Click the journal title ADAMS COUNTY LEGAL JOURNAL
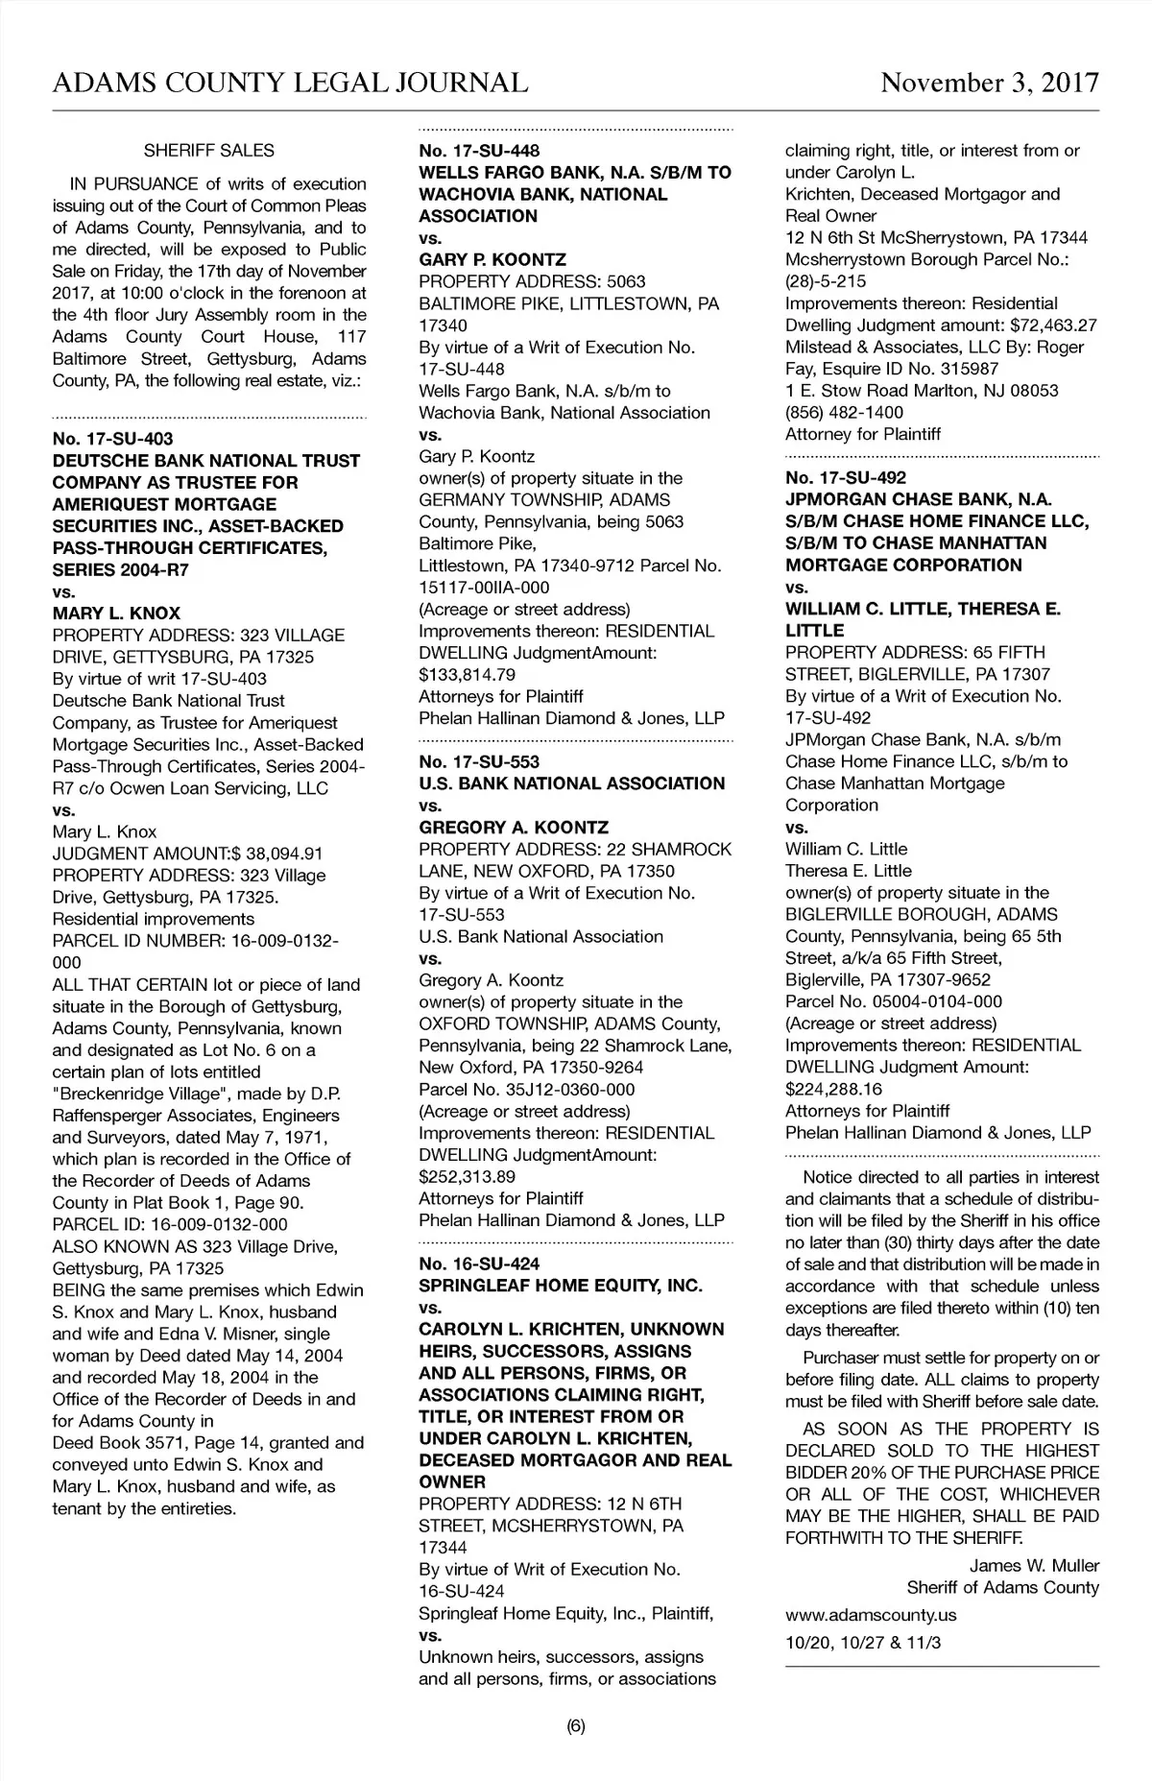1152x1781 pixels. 290,83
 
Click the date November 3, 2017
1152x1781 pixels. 990,83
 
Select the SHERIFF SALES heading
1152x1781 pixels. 208,151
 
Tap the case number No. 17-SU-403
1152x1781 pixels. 113,439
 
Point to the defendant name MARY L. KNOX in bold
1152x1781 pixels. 116,614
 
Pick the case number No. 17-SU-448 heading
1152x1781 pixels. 479,151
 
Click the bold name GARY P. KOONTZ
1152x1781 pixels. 492,260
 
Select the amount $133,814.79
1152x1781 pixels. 467,675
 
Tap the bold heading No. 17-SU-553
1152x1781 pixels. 479,762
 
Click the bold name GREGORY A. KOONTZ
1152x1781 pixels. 514,828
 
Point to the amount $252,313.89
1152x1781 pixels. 467,1177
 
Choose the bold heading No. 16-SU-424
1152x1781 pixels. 479,1264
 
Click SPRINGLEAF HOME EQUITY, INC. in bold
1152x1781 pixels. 561,1286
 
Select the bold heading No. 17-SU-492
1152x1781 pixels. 846,478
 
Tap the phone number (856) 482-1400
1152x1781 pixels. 844,413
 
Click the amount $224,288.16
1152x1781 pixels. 833,1090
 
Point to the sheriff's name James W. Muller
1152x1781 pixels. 1034,1566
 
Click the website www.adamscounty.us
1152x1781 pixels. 871,1615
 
